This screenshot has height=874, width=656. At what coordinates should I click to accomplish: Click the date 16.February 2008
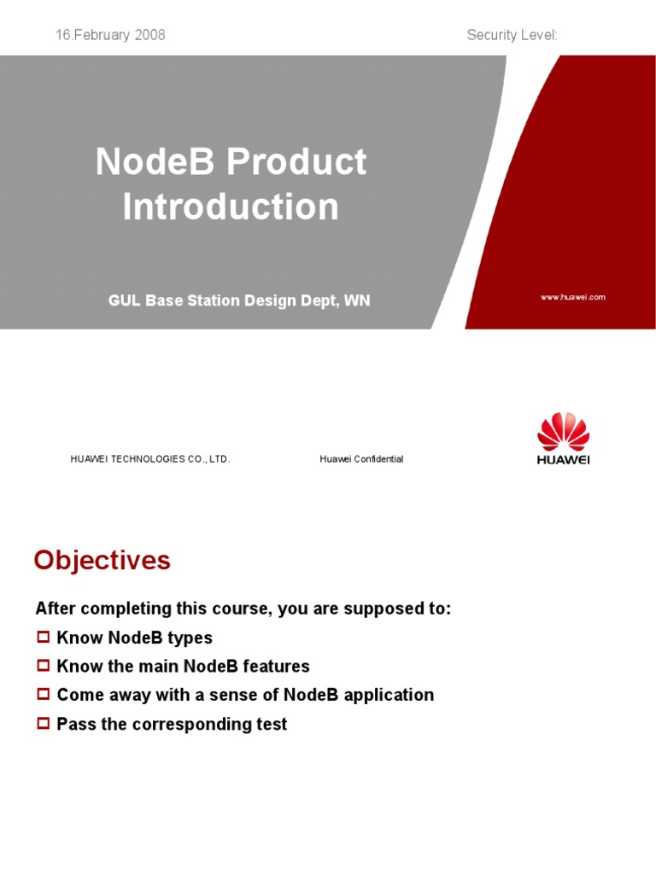pyautogui.click(x=110, y=35)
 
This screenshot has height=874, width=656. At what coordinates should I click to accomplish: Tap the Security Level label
pyautogui.click(x=512, y=35)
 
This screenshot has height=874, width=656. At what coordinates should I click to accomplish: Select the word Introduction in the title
pyautogui.click(x=231, y=207)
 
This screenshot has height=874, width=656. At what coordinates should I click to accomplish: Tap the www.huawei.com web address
pyautogui.click(x=572, y=297)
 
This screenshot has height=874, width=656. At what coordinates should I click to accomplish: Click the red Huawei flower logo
pyautogui.click(x=563, y=432)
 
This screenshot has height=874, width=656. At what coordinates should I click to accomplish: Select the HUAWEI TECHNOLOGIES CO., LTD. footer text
pyautogui.click(x=150, y=459)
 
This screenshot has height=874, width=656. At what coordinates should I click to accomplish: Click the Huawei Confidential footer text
pyautogui.click(x=361, y=459)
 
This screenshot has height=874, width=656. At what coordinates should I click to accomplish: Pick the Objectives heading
pyautogui.click(x=102, y=561)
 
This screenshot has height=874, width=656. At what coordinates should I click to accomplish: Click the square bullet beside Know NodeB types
pyautogui.click(x=44, y=638)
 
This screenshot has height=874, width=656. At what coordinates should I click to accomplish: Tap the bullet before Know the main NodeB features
pyautogui.click(x=44, y=666)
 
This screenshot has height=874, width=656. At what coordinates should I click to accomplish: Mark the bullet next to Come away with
pyautogui.click(x=44, y=695)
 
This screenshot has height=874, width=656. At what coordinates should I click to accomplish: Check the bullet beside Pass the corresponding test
pyautogui.click(x=44, y=724)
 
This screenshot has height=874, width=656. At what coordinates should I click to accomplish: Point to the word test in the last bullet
pyautogui.click(x=272, y=724)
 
